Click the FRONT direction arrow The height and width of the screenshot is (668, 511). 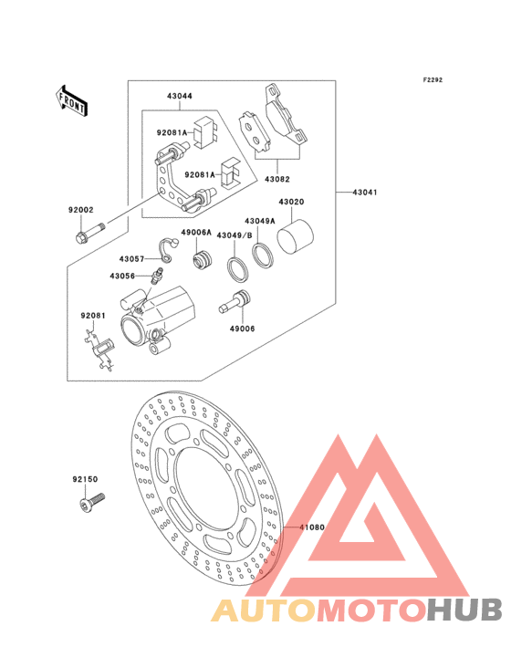point(71,101)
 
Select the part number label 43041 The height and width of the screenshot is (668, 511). point(365,193)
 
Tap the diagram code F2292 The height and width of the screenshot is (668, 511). point(433,79)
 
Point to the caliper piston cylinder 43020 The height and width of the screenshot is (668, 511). point(295,237)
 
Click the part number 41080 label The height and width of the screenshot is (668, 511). point(312,527)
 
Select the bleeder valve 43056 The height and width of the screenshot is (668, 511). point(156,276)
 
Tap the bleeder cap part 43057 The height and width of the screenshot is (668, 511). point(169,250)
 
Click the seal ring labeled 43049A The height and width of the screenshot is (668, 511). point(263,256)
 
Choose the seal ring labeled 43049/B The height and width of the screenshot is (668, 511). point(237,269)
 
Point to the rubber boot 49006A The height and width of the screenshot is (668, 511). point(202,260)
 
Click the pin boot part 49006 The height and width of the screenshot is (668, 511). point(235,301)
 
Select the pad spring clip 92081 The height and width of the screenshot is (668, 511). point(99,350)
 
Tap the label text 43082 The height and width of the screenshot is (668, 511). point(277,180)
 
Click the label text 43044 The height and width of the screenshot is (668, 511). point(179,97)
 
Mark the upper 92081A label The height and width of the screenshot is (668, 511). point(172,132)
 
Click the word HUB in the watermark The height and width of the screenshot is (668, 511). point(465,611)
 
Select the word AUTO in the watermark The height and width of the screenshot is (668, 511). point(264,611)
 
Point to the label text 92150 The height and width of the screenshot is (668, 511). point(85,479)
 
